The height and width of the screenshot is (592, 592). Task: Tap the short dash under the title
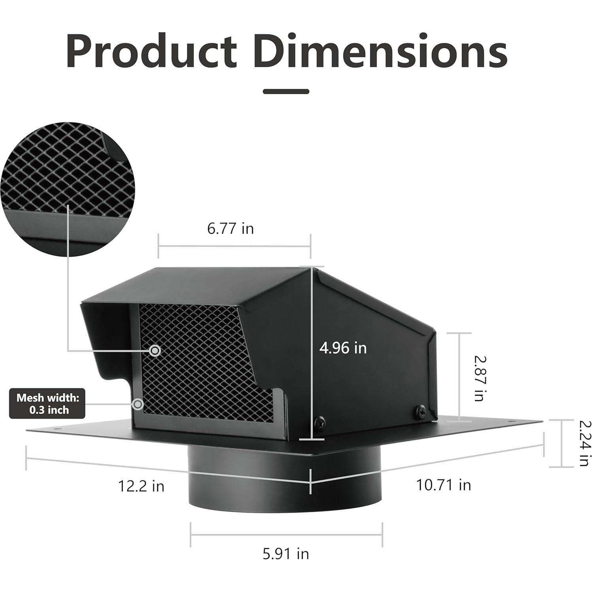pos(286,91)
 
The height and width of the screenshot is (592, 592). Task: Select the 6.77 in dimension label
pos(230,228)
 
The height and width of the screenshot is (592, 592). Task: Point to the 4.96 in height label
pos(343,348)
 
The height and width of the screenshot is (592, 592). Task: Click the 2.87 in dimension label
pos(479,379)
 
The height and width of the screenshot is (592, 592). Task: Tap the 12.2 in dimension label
pos(141,486)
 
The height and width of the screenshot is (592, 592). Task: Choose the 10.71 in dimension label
pos(443,485)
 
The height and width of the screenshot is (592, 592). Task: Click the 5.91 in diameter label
pos(286,554)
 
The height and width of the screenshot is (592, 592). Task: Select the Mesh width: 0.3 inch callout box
pos(47,404)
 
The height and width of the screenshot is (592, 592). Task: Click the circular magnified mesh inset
pos(68,189)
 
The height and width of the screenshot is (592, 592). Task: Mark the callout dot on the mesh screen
pos(155,350)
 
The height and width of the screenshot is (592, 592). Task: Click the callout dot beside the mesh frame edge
pos(138,404)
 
